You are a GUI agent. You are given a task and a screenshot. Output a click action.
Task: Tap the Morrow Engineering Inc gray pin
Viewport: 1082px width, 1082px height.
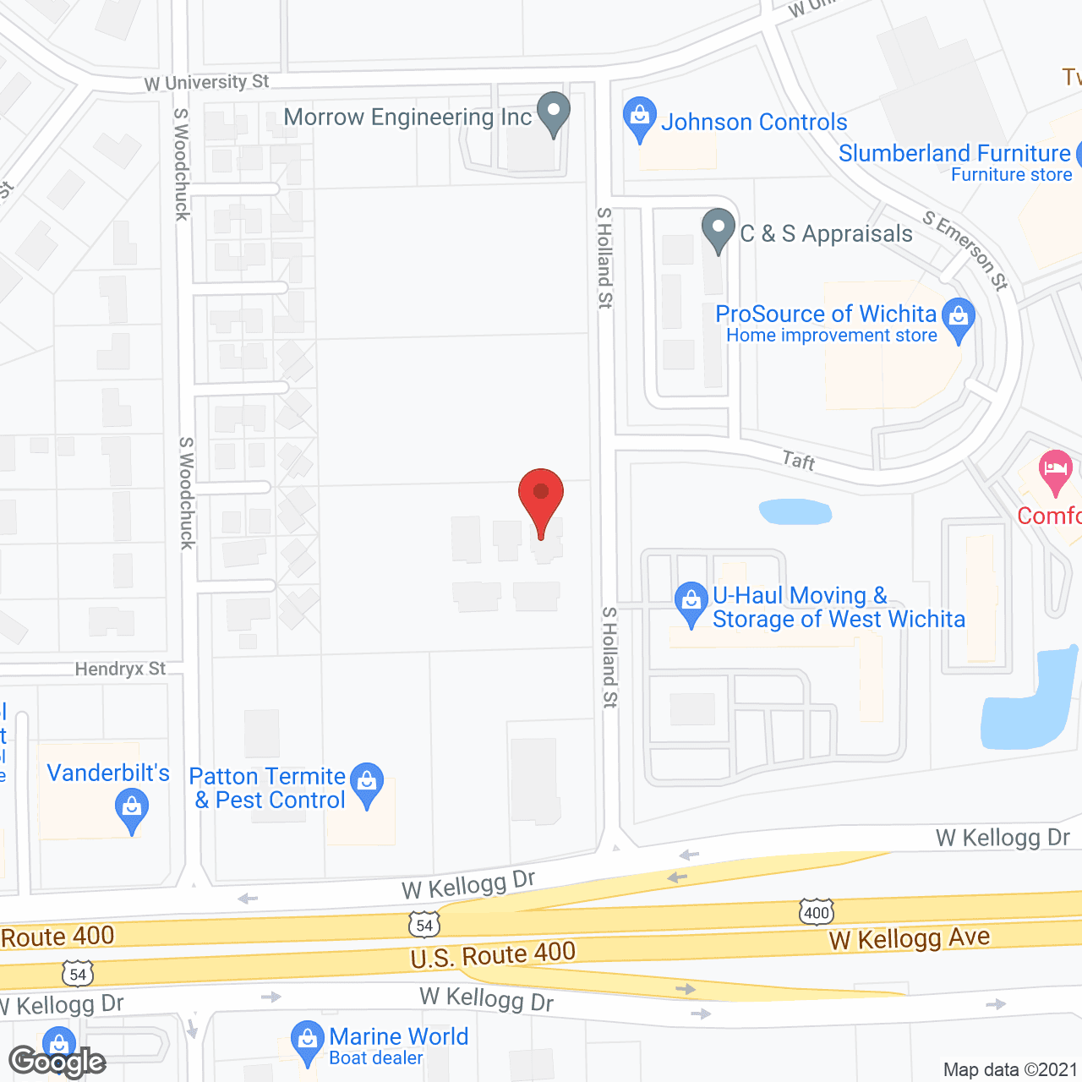click(x=554, y=112)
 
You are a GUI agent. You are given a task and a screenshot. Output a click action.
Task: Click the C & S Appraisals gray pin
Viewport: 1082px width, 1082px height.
click(x=719, y=229)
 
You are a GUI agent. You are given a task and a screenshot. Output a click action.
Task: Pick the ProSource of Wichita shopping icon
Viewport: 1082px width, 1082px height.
click(x=959, y=319)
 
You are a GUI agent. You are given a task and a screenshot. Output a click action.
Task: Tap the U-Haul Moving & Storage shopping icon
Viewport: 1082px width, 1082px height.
click(x=691, y=603)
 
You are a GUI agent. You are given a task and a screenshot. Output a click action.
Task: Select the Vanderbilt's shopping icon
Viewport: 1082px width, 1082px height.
click(x=132, y=809)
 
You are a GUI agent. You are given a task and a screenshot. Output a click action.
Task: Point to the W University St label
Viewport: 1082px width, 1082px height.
click(x=206, y=83)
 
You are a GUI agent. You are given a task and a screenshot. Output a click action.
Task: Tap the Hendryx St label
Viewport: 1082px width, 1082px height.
click(x=120, y=669)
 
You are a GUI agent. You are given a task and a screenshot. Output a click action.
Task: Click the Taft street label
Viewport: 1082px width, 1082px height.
click(x=799, y=461)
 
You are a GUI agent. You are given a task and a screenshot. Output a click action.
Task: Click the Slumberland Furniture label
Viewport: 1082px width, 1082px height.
click(x=954, y=154)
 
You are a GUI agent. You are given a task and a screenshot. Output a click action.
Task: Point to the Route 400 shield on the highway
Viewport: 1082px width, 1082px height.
click(x=817, y=912)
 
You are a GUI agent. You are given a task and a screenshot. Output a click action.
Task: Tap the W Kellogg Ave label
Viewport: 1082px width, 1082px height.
click(x=910, y=938)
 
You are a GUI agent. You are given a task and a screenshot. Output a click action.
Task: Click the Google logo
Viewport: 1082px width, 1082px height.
click(x=57, y=1062)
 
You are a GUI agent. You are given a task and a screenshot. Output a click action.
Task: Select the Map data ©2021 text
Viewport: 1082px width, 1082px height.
click(x=1010, y=1070)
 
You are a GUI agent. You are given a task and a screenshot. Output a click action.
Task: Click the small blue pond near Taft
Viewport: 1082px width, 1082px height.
click(x=795, y=511)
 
